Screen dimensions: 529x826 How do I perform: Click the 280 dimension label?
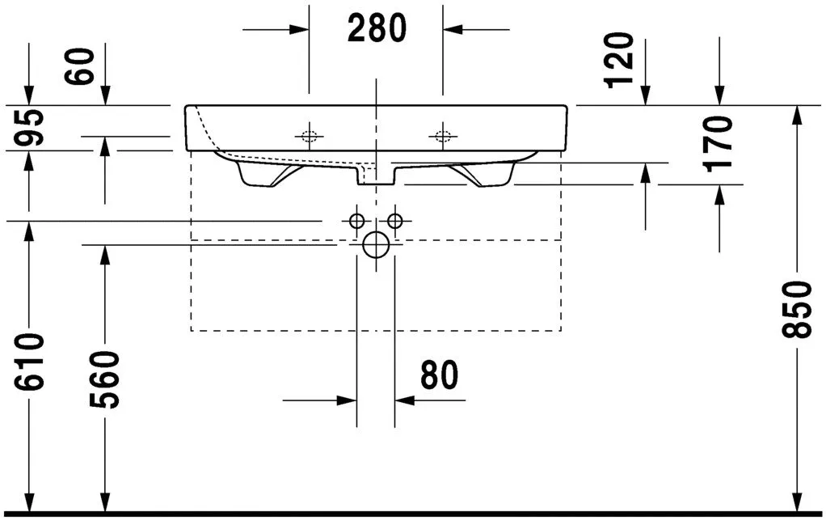point(377,29)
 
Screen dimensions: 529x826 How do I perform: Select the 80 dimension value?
point(439,375)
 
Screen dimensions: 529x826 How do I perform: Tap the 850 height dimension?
point(797,309)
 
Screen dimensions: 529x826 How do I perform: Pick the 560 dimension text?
point(104,379)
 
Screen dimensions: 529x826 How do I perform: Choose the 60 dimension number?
point(82,68)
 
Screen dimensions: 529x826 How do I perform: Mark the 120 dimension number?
point(621,61)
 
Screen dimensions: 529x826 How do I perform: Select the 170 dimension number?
point(718,142)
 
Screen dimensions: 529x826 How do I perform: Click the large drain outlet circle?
point(376,243)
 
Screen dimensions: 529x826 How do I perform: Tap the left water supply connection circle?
point(356,221)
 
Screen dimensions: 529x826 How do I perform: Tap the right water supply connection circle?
point(395,221)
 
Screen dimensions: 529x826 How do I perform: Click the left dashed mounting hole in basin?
point(309,135)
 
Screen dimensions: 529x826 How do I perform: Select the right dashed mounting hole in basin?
point(442,135)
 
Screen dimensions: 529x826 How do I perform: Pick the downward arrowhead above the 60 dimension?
point(105,97)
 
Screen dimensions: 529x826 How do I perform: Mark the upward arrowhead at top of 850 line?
point(797,114)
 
